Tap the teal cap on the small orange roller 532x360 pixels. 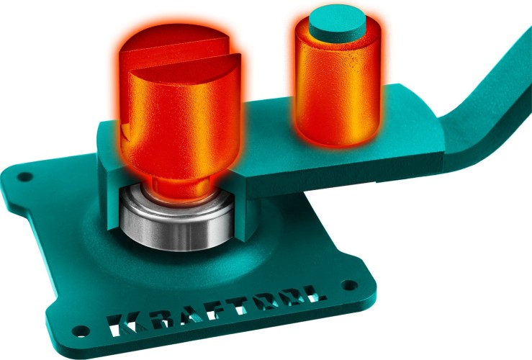tap(337, 24)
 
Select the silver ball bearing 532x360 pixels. tap(177, 220)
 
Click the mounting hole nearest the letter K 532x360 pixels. tap(81, 330)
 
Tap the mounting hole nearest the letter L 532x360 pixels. tap(349, 285)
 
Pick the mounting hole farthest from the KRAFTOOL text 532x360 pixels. tap(24, 176)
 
